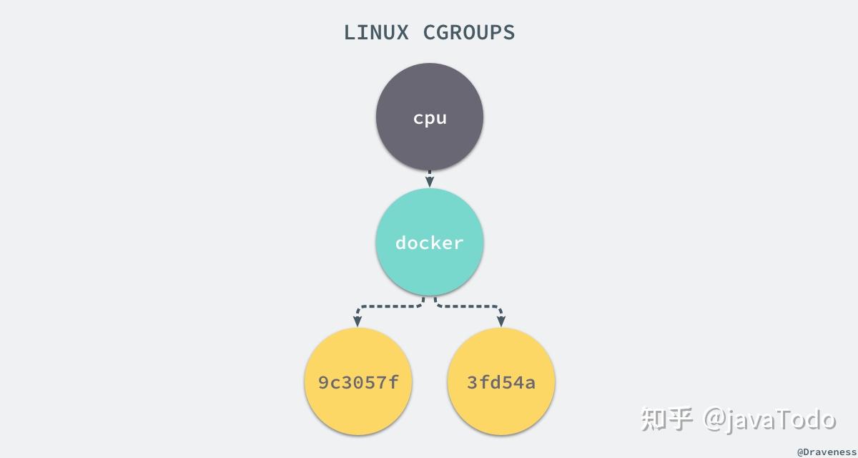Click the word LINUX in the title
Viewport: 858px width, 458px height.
point(376,33)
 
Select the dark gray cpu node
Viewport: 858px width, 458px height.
point(430,93)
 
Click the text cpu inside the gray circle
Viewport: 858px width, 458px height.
point(430,118)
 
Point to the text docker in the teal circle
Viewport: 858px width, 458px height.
point(430,243)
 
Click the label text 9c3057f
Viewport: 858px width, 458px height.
point(358,383)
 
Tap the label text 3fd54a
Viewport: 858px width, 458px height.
point(501,383)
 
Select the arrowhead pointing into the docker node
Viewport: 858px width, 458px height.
point(430,182)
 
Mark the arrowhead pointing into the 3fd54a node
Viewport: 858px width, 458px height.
point(501,322)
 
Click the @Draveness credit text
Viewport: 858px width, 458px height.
point(826,452)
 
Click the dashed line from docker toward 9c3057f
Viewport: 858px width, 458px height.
point(390,306)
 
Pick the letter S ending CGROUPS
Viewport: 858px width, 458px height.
point(508,33)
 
